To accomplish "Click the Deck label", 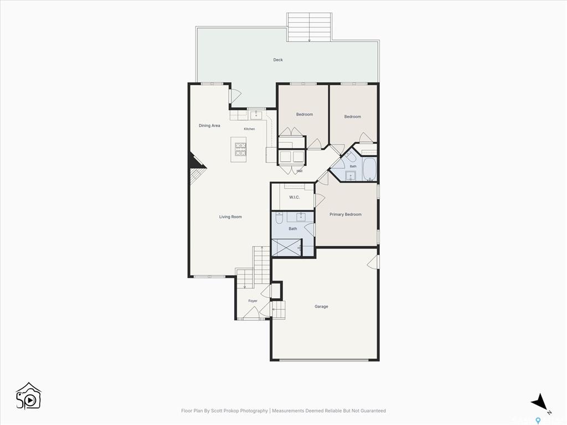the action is tap(278, 60).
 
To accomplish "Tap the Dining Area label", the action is tap(209, 126).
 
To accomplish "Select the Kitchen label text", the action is tap(249, 129).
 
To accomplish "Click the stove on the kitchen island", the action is tap(240, 149).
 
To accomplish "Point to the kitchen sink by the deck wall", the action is tap(256, 115).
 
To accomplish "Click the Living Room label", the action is tap(230, 217).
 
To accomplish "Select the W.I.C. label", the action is tap(295, 198).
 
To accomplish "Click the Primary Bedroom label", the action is tap(346, 214).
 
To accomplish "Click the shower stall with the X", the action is tap(286, 247).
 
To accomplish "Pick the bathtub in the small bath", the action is tap(369, 169).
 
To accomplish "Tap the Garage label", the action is tap(321, 307).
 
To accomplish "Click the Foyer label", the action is tap(252, 301).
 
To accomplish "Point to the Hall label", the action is tap(300, 171).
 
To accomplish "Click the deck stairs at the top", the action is tap(309, 27).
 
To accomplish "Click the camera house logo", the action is tap(29, 396).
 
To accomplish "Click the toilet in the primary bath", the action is tap(280, 218).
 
